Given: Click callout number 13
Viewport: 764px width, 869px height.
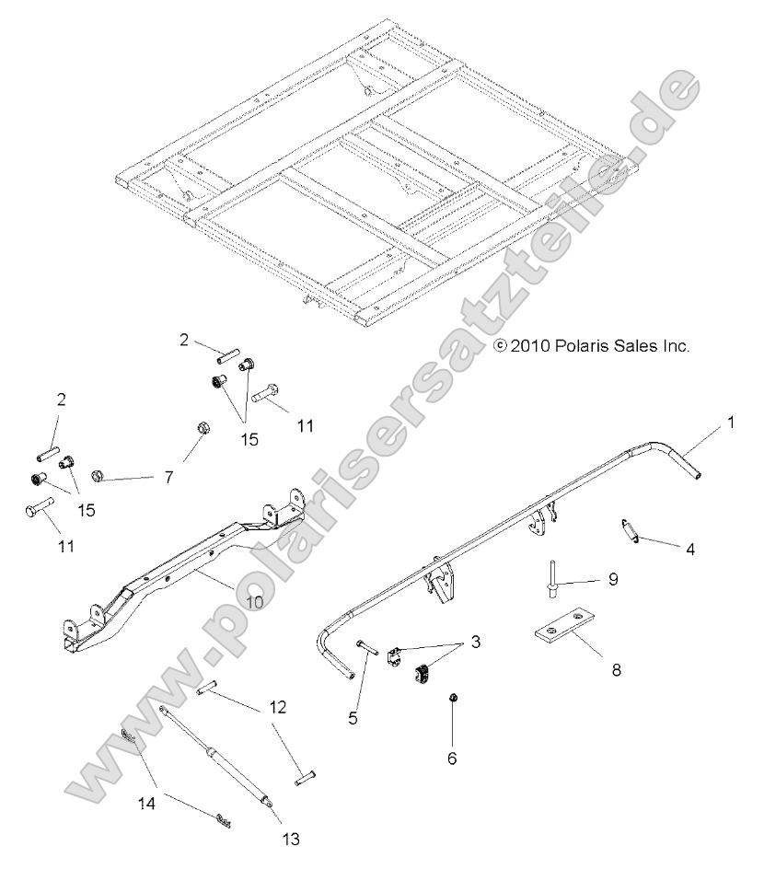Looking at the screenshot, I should click(291, 839).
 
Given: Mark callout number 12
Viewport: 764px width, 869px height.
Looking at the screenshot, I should click(278, 708).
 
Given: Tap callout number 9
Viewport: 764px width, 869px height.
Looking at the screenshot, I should click(613, 580).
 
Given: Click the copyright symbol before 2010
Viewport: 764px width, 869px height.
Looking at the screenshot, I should click(501, 347).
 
